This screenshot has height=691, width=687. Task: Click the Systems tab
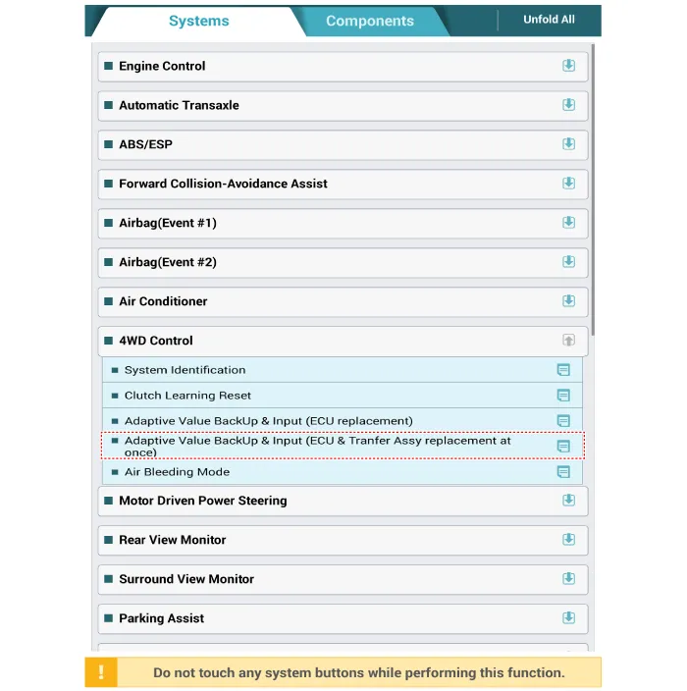pos(198,22)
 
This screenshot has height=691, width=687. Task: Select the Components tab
pos(369,22)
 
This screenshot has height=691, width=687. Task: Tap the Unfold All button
pos(549,20)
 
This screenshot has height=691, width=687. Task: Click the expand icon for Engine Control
pos(568,66)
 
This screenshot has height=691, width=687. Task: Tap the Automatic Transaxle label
pos(179,105)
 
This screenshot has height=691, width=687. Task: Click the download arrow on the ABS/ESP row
pos(568,144)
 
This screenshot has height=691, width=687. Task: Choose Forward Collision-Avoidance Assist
pos(223,184)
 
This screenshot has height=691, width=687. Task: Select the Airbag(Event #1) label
pos(168,223)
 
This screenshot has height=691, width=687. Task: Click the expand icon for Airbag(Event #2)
pos(568,262)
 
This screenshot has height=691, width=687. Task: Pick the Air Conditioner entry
pos(163,301)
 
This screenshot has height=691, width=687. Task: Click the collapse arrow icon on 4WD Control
pos(568,341)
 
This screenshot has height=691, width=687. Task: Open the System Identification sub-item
pos(185,370)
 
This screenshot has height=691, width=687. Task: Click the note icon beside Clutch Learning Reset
pos(563,396)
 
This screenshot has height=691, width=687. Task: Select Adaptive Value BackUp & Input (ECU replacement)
pos(268,421)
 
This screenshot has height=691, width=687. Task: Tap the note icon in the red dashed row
pos(563,446)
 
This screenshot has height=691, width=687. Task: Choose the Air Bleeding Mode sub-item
pos(177,472)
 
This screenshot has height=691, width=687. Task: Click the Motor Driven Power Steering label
pos(202,501)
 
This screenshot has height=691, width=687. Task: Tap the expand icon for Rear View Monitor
pos(568,540)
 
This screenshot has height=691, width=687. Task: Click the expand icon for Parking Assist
pos(568,618)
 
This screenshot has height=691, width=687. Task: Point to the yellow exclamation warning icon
pos(101,672)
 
